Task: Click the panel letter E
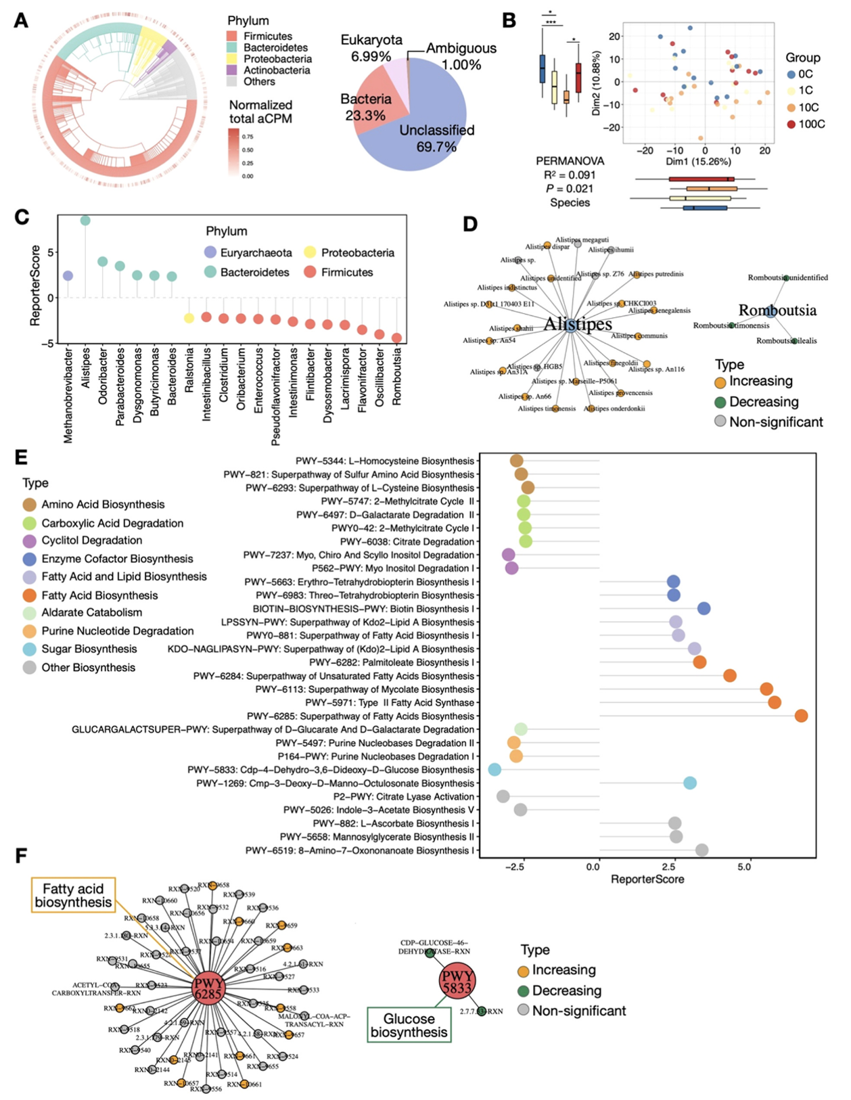click(21, 457)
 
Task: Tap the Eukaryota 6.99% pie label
click(371, 48)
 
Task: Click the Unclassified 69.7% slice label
click(436, 138)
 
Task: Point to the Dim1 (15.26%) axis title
click(698, 162)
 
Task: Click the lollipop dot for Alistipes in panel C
click(85, 221)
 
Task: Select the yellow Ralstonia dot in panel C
click(189, 318)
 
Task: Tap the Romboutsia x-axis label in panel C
click(397, 376)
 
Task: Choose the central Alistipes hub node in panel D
click(571, 325)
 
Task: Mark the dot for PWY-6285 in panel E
click(801, 716)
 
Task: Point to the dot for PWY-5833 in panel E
click(495, 769)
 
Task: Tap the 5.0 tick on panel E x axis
click(744, 867)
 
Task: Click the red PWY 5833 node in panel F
click(457, 981)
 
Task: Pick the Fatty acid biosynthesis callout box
click(74, 895)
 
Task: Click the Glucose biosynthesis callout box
click(409, 1025)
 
